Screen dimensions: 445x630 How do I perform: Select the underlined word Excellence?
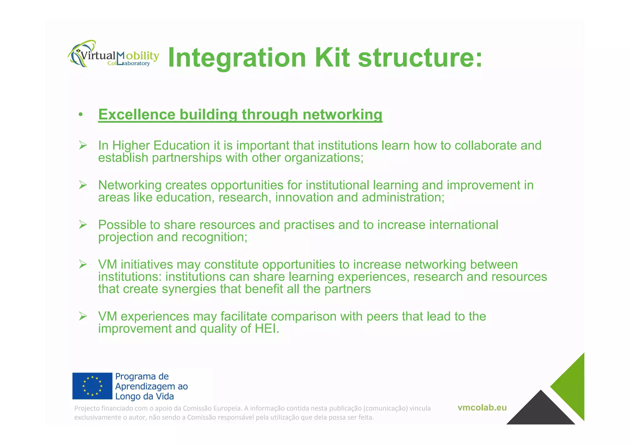tap(137, 115)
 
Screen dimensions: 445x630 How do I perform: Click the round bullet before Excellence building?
tap(81, 115)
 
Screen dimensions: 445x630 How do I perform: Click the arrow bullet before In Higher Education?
tap(83, 145)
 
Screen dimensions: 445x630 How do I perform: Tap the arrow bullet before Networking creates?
tap(83, 185)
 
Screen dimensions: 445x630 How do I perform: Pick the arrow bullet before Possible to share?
tap(83, 224)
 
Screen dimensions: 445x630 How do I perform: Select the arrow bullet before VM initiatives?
tap(83, 264)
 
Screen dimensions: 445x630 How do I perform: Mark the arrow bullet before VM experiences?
tap(83, 316)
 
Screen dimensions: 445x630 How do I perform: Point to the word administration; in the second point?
tap(403, 197)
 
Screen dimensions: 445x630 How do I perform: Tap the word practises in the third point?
tap(309, 225)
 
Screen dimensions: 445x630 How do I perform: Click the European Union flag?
tap(92, 386)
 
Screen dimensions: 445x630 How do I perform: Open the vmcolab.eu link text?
tap(482, 408)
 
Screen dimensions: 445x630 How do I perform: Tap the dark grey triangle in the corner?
tap(540, 411)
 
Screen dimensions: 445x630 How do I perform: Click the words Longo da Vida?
tap(144, 396)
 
